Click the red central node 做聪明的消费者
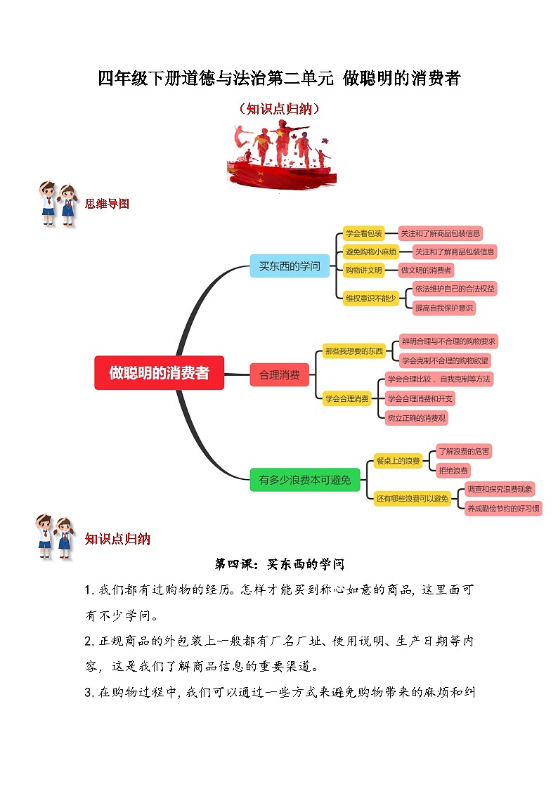159,373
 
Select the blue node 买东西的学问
289,266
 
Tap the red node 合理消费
279,374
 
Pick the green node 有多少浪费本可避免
304,481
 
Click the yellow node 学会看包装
364,233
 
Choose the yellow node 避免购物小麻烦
370,252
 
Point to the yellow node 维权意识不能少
370,298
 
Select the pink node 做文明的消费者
427,270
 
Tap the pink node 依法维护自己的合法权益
454,289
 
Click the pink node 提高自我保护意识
443,308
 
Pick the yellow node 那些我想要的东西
354,351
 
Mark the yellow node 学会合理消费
346,398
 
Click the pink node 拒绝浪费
453,470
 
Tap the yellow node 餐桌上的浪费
398,461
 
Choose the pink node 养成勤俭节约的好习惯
502,508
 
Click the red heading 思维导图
107,204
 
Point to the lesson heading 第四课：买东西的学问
279,564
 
